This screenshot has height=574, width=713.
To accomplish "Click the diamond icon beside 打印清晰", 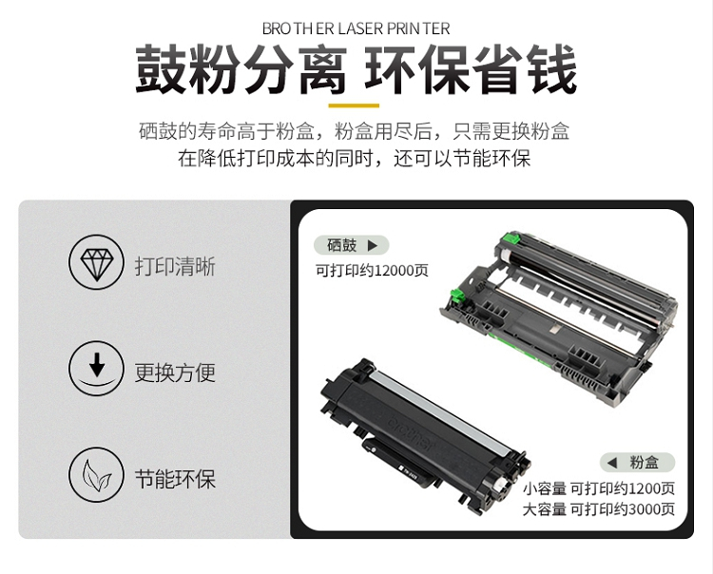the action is (x=96, y=262).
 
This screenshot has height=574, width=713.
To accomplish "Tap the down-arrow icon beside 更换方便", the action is (x=96, y=368).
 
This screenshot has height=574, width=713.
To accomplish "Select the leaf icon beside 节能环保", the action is (x=96, y=474).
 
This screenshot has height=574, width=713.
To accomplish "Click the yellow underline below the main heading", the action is (x=354, y=105).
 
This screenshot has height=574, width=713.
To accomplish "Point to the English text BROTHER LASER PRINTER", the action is (x=356, y=29).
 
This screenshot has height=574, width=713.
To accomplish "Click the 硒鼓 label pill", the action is (x=352, y=245).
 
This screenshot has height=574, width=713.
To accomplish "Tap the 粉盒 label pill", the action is (x=638, y=463).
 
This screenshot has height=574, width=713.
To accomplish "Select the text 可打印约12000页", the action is (x=372, y=271).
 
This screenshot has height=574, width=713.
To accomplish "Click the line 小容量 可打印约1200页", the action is (x=598, y=489).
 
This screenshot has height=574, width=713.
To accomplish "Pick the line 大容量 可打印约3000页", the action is (x=598, y=509).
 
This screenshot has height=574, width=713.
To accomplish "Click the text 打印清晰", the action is (x=175, y=266).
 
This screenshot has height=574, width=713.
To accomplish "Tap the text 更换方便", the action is (x=175, y=373).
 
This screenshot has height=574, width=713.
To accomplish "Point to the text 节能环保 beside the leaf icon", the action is (x=175, y=479).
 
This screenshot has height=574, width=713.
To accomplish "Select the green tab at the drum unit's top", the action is (x=511, y=239).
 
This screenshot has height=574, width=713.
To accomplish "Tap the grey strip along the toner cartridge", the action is (x=443, y=412).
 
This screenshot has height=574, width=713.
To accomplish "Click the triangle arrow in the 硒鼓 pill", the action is (x=373, y=246).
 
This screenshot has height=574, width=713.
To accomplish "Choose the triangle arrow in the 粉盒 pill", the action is (x=612, y=463).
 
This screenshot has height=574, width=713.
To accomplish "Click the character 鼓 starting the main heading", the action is (x=161, y=69).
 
